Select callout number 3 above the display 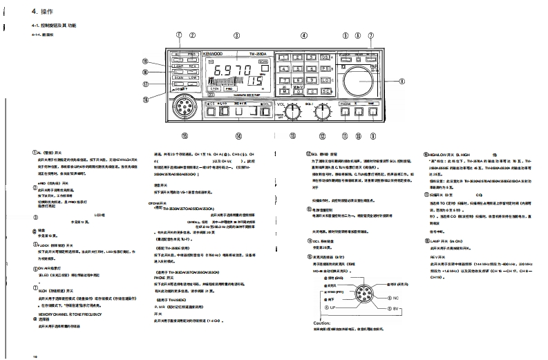[237, 35]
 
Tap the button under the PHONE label [346, 110]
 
